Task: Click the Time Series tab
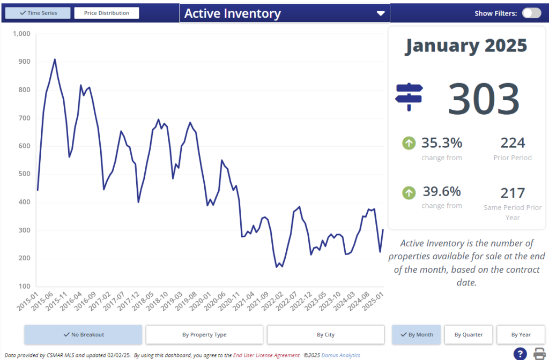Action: [38, 13]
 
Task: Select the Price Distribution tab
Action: [106, 13]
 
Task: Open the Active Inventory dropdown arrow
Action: [381, 13]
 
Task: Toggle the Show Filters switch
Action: [531, 13]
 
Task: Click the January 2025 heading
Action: [466, 46]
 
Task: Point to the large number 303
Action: [484, 99]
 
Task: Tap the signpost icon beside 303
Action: [409, 97]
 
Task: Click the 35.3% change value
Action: [441, 143]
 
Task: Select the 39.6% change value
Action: [441, 192]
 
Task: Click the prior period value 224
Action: [513, 143]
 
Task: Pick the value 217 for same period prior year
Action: [513, 192]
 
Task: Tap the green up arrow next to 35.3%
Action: [409, 143]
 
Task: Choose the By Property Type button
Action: [204, 335]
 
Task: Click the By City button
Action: [325, 335]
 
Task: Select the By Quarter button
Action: [469, 335]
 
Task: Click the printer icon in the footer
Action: [539, 354]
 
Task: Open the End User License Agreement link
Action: [266, 355]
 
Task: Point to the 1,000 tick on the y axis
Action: [21, 34]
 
